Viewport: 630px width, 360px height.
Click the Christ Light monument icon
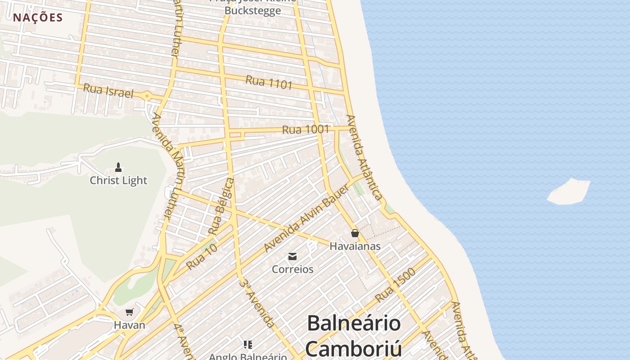pyautogui.click(x=118, y=167)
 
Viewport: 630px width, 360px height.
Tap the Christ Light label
pyautogui.click(x=118, y=180)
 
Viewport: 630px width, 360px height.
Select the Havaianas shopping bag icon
pyautogui.click(x=355, y=233)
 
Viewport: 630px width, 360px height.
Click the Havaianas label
pyautogui.click(x=355, y=246)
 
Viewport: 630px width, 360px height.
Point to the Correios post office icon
pyautogui.click(x=292, y=256)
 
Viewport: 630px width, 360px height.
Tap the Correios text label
pyautogui.click(x=292, y=269)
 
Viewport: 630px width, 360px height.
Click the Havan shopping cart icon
pyautogui.click(x=130, y=312)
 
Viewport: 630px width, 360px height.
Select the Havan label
pyautogui.click(x=129, y=325)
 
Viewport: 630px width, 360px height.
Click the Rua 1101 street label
pyautogui.click(x=269, y=82)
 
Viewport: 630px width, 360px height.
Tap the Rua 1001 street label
pyautogui.click(x=306, y=130)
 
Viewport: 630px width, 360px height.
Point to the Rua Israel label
pyautogui.click(x=108, y=90)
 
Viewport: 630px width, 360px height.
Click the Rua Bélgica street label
pyautogui.click(x=221, y=206)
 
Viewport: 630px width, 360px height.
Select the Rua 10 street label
pyautogui.click(x=202, y=256)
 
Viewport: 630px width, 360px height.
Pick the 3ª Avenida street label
pyautogui.click(x=257, y=303)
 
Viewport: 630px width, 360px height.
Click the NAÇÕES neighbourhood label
pyautogui.click(x=38, y=18)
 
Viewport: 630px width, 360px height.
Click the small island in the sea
pyautogui.click(x=569, y=192)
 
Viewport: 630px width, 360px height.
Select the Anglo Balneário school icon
pyautogui.click(x=247, y=345)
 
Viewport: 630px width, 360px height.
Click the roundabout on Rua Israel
pyautogui.click(x=147, y=95)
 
